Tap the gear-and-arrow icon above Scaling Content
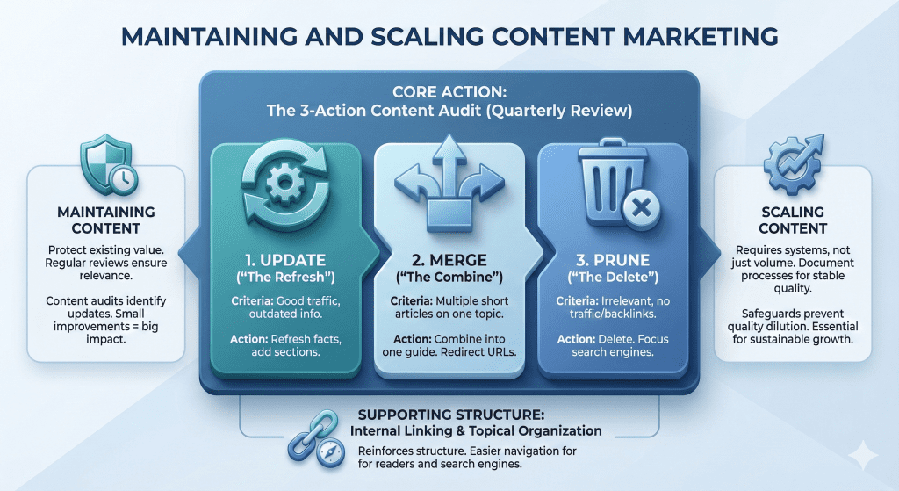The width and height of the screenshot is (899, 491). [x=792, y=165]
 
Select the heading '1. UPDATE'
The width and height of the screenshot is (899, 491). [x=286, y=261]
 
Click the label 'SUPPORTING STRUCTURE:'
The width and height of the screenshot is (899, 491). [x=449, y=415]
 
